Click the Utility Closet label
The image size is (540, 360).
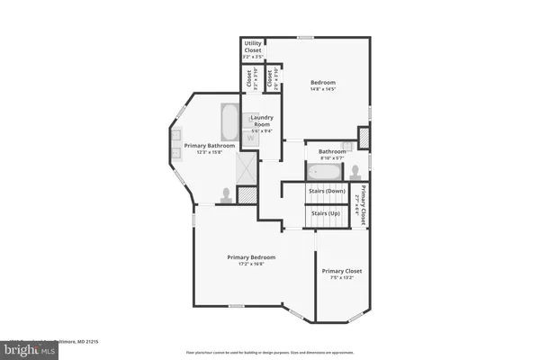pos(252,46)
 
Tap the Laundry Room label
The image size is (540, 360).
pos(261,122)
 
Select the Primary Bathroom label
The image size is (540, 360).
pos(210,146)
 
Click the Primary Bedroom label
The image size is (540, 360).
pos(250,257)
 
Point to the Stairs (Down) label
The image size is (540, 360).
pos(328,191)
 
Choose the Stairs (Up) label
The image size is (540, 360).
pos(324,213)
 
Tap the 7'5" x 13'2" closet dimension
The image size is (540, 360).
pos(341,277)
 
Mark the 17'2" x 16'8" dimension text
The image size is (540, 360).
pos(250,265)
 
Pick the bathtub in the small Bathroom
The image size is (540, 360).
pos(324,171)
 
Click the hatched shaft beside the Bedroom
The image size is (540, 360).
pos(364,139)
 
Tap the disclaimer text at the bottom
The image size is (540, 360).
pos(270,351)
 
